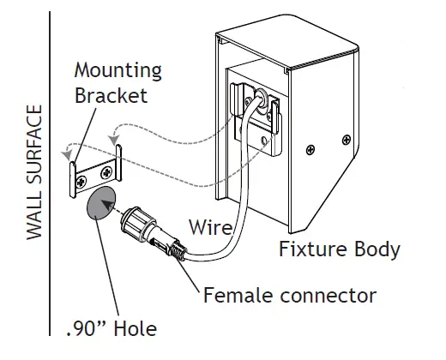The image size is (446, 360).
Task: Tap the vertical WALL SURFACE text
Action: (34, 174)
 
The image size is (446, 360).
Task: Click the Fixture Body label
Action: (339, 249)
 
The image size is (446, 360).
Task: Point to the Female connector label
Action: (289, 296)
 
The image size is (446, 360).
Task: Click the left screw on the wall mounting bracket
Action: (81, 180)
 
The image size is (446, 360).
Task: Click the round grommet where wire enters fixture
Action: (255, 102)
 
